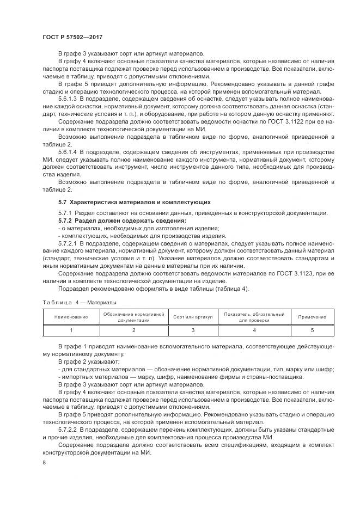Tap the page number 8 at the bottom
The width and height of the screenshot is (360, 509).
(44, 462)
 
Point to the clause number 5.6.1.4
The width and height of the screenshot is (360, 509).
(69, 151)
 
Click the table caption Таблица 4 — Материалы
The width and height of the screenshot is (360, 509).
(79, 302)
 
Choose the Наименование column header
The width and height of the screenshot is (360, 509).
(71, 317)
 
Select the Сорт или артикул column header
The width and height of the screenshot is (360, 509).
(192, 317)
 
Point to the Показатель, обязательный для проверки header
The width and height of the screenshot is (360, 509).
(254, 317)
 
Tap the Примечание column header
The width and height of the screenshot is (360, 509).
(312, 317)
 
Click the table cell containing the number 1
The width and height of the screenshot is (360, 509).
(71, 330)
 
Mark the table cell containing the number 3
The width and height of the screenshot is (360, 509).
(192, 330)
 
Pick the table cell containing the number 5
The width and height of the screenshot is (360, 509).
(312, 330)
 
